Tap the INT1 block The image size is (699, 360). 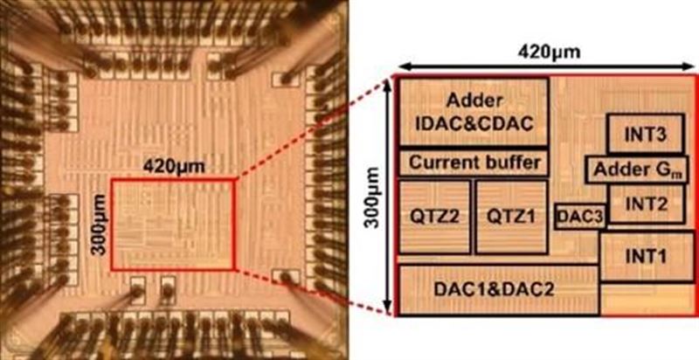click(x=646, y=256)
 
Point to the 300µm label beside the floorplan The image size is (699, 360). click(x=372, y=197)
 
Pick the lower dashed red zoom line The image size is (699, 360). click(x=315, y=292)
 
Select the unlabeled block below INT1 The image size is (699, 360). click(x=646, y=299)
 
